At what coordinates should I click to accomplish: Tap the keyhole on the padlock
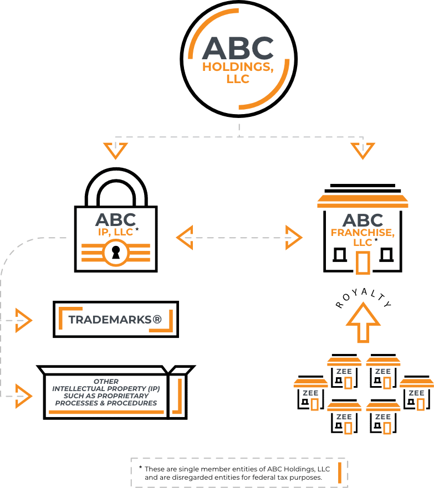tap(116, 253)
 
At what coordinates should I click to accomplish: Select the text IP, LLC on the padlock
tap(115, 232)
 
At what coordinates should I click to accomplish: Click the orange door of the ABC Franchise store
tap(363, 263)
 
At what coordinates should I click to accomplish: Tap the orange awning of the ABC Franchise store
tap(362, 201)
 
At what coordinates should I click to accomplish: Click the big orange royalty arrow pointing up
tap(363, 323)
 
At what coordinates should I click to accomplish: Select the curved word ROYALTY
tap(363, 298)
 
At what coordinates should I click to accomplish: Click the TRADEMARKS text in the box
tap(110, 320)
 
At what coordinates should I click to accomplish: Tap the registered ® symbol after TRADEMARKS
tap(157, 319)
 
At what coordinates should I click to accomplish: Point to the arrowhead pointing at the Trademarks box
tap(24, 320)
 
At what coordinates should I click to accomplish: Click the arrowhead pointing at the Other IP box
tap(24, 396)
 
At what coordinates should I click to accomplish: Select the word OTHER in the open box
tap(106, 381)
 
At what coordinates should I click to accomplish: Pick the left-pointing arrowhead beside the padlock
tap(185, 238)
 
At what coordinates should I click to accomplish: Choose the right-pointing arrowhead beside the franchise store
tap(294, 238)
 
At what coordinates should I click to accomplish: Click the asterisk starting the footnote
tap(141, 467)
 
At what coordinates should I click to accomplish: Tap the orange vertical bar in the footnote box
tap(340, 472)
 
